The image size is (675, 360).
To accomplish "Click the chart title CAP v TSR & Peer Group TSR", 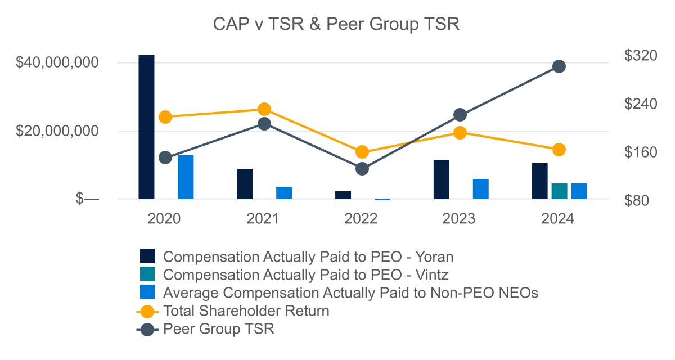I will point(336,25).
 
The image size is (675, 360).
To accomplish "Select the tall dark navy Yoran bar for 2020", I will point(146,127).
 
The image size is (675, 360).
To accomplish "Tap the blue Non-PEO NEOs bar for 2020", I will point(186,177).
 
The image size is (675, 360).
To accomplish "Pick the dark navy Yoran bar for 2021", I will point(245,184).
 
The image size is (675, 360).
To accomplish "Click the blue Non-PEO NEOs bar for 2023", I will point(480,189).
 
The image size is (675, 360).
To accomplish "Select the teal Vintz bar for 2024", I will point(559,191).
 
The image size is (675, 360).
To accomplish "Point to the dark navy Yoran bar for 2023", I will point(442,179).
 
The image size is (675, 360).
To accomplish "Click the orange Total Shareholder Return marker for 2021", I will point(264,109).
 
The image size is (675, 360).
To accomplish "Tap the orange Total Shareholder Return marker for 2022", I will point(362,152).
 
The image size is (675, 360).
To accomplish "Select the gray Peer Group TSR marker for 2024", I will point(559,66).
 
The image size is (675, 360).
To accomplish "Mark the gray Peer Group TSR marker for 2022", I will point(362,169).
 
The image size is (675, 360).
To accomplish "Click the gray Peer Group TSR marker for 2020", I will point(165,157).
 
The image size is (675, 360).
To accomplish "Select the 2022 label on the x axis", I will point(361,219).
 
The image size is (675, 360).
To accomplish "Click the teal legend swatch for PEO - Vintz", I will point(147,274).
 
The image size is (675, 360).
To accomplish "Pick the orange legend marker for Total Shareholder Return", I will point(147,310).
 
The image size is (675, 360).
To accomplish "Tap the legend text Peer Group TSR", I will point(219,329).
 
